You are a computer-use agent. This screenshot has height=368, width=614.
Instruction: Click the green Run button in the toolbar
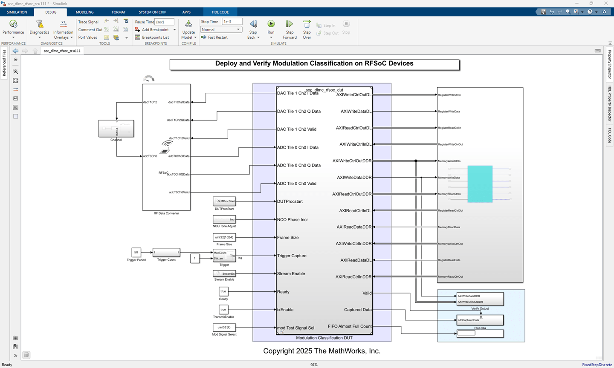click(271, 24)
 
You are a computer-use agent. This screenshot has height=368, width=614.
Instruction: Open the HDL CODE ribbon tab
click(220, 12)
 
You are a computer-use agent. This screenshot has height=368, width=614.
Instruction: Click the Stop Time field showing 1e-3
click(232, 22)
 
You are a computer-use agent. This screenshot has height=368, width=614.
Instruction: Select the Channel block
click(116, 129)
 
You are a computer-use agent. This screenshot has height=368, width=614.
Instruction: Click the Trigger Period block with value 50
click(136, 252)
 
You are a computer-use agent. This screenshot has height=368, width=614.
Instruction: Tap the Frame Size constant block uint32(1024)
click(224, 237)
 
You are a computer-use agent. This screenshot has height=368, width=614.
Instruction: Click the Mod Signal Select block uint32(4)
click(224, 328)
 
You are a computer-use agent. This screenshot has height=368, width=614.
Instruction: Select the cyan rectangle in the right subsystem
click(480, 184)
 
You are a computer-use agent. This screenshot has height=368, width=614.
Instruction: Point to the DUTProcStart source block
click(224, 201)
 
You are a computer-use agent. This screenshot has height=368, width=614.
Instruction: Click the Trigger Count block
click(166, 253)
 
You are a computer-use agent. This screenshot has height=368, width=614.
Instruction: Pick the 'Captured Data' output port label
click(358, 310)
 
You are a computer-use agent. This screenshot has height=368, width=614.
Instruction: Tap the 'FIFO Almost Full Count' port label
click(350, 326)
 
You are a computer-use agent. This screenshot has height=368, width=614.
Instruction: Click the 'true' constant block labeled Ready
click(223, 291)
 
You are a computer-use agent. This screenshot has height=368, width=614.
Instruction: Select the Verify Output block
click(480, 299)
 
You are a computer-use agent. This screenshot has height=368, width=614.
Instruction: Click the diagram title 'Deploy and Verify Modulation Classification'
click(314, 64)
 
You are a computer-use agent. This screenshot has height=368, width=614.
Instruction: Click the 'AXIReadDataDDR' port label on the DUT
click(354, 227)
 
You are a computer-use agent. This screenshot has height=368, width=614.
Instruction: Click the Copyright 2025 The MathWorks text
click(321, 351)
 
